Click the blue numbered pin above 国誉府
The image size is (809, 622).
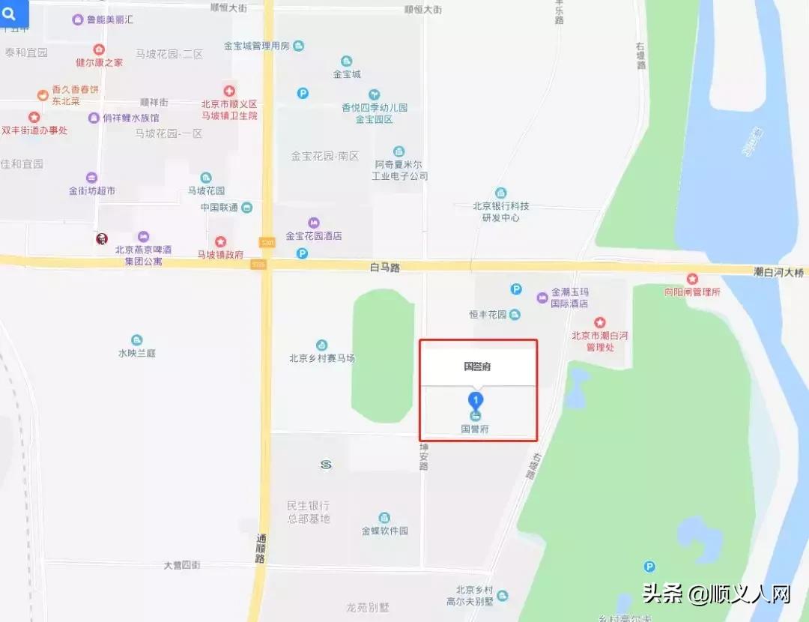coord(475,399)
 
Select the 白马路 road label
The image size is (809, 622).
coord(386,267)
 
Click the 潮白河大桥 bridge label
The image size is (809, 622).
coord(779,273)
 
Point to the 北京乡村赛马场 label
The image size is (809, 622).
coord(321,358)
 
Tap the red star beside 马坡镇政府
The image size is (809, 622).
coord(220,241)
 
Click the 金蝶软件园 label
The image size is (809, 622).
coord(385,531)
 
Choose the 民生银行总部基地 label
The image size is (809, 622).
coord(309,512)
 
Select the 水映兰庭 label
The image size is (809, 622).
coord(136,353)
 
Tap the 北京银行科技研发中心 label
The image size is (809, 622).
coord(500,211)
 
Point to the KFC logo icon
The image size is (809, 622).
coord(101,238)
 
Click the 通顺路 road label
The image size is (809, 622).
coord(261,549)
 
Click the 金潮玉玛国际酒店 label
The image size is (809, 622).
coord(569,298)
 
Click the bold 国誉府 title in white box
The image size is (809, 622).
coord(477,366)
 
